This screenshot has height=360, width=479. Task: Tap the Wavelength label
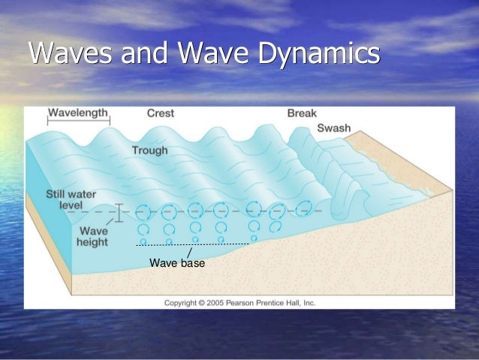79,113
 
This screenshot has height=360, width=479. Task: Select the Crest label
160,113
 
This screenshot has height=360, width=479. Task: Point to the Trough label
149,150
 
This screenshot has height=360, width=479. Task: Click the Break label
302,113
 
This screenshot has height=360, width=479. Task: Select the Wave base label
177,264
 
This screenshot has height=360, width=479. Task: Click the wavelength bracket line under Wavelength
79,122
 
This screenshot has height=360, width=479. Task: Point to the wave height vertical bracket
118,213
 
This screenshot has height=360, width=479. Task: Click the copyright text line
240,303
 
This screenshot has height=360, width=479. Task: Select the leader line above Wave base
189,253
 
